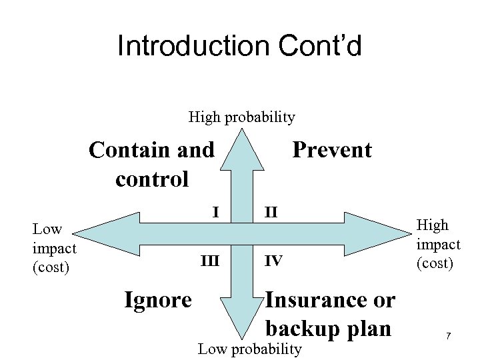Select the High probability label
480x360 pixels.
tap(241, 118)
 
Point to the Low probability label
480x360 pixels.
tap(251, 349)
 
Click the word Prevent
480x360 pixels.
tap(332, 150)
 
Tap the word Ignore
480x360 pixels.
tap(159, 300)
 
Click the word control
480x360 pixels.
tap(152, 179)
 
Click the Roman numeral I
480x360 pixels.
tap(215, 213)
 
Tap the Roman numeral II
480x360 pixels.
tap(271, 213)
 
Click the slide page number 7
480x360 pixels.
tap(449, 337)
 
